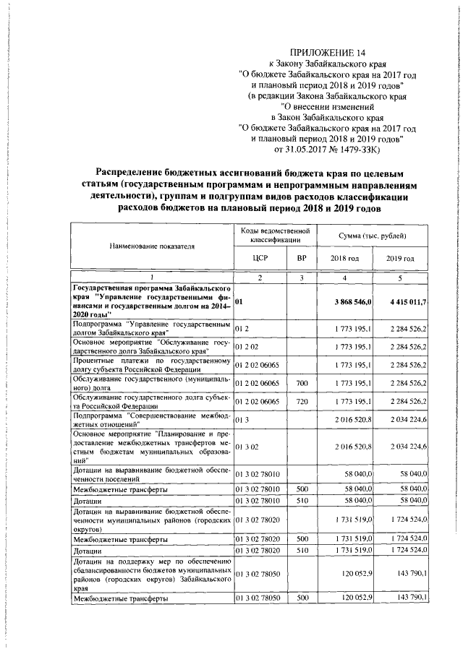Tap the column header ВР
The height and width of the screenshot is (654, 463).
click(x=302, y=258)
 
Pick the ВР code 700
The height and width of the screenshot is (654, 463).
click(x=302, y=381)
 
